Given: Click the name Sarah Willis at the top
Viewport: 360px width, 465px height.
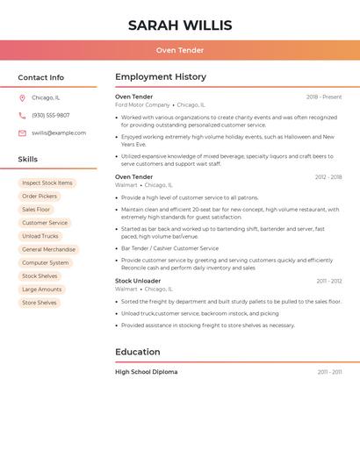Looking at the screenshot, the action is (x=180, y=25).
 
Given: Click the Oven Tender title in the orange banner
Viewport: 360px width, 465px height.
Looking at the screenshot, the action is (x=180, y=50).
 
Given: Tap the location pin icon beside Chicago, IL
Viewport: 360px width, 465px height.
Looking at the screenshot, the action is (x=22, y=98).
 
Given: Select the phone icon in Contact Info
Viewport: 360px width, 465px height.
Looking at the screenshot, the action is (x=22, y=116).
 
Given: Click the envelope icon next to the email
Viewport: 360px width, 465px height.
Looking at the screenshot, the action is (x=22, y=133).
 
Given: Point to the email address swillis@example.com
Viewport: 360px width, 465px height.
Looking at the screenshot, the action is (x=59, y=133).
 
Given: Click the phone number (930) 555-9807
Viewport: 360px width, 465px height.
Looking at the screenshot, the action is (x=51, y=116).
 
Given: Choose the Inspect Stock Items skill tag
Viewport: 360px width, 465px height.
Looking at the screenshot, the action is (x=47, y=183).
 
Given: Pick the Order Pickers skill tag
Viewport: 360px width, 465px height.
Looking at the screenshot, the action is (x=40, y=197).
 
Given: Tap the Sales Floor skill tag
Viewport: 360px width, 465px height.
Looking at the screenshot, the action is (x=36, y=210).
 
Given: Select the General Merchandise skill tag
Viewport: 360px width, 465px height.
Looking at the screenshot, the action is (x=49, y=249).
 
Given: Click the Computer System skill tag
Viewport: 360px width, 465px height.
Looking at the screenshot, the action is (x=46, y=262).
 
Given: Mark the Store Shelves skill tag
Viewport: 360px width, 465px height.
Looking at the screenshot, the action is (x=40, y=303).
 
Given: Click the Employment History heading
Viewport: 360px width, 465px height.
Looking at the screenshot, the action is (x=161, y=77).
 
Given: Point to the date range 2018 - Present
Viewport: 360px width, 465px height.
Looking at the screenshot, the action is (x=324, y=97).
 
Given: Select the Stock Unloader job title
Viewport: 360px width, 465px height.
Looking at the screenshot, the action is (x=138, y=281).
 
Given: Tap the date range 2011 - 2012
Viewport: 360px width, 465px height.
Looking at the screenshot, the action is (x=329, y=281).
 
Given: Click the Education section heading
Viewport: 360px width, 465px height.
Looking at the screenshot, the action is (x=138, y=352).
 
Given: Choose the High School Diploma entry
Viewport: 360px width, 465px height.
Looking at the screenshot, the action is (x=146, y=372).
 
